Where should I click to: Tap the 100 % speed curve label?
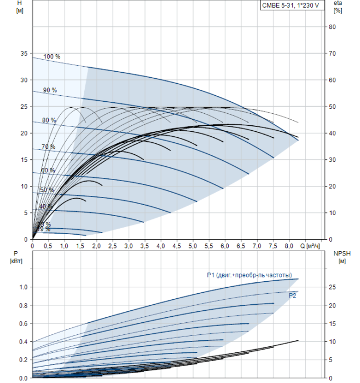coord(52,57)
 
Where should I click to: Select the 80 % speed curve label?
coord(49,120)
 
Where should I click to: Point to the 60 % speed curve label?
coord(48,170)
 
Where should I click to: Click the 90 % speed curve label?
coord(50,90)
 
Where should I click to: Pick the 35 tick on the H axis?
coord(23,54)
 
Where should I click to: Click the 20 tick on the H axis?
coord(23,133)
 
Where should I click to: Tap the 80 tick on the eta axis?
coord(332,27)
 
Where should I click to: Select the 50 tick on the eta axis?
coord(332,107)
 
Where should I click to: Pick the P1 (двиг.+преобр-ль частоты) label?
coord(249,275)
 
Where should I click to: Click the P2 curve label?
coord(293,295)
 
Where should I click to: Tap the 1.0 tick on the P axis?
coord(22,287)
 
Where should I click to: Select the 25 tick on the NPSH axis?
coord(333,287)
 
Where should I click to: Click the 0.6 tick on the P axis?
coord(22,323)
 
